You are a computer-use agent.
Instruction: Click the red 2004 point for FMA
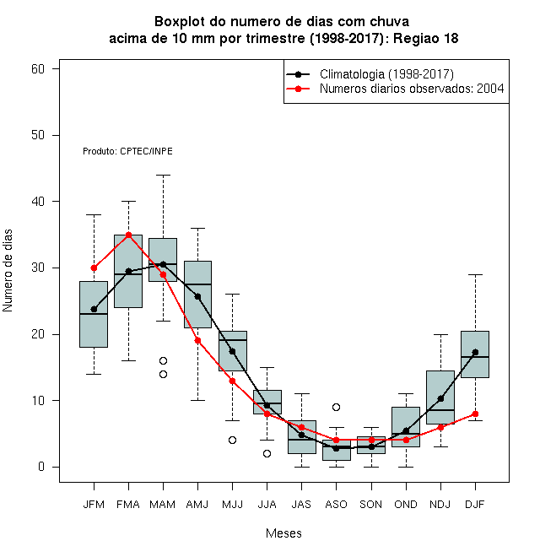pyautogui.click(x=128, y=235)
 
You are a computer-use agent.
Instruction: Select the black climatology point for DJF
pyautogui.click(x=475, y=352)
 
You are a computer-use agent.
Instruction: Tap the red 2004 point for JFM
pyautogui.click(x=94, y=268)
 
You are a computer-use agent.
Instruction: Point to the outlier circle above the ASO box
pyautogui.click(x=336, y=407)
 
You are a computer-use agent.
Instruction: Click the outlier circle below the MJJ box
pyautogui.click(x=232, y=441)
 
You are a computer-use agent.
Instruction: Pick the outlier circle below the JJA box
pyautogui.click(x=267, y=454)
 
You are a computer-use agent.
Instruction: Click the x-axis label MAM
pyautogui.click(x=163, y=505)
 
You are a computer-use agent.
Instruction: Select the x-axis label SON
pyautogui.click(x=371, y=505)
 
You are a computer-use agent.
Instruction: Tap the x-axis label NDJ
pyautogui.click(x=440, y=505)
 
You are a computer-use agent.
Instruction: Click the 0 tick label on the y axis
pyautogui.click(x=41, y=467)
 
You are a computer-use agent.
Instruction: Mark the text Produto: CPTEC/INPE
pyautogui.click(x=127, y=151)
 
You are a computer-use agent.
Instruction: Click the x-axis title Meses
pyautogui.click(x=283, y=533)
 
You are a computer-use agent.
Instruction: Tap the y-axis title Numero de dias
pyautogui.click(x=8, y=271)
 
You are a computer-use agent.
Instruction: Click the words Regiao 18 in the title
pyautogui.click(x=425, y=38)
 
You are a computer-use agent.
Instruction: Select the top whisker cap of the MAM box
pyautogui.click(x=164, y=175)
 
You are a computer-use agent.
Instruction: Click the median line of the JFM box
pyautogui.click(x=94, y=314)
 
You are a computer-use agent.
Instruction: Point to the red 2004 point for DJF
pyautogui.click(x=475, y=414)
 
